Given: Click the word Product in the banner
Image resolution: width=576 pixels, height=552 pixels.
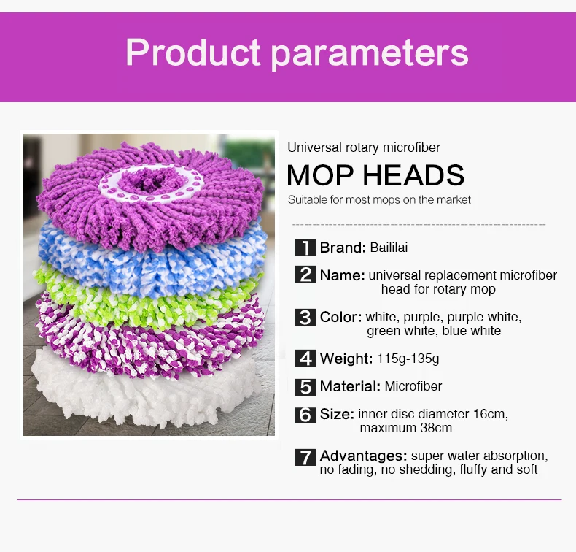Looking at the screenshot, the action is click(x=193, y=53).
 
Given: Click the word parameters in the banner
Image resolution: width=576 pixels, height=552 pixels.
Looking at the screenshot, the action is click(x=370, y=55).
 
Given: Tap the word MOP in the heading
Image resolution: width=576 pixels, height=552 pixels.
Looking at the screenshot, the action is click(x=320, y=175).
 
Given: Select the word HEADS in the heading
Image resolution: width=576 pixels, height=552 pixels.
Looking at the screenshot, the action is click(x=413, y=175).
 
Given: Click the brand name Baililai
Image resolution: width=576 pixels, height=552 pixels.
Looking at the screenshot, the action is click(x=389, y=248).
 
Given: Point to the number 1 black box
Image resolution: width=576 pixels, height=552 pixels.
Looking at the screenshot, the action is click(x=305, y=248).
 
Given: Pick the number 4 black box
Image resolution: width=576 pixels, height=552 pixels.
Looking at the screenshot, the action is click(x=305, y=359).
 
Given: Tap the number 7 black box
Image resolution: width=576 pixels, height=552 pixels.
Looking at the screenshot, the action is click(x=305, y=457).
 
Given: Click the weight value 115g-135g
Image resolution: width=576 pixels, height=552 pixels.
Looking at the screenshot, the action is click(x=408, y=359).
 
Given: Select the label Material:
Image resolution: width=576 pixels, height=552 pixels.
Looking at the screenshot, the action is click(x=350, y=386).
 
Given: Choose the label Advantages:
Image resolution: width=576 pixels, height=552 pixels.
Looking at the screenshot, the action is click(x=363, y=456).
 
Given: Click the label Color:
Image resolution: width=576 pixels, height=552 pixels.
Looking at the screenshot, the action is click(x=341, y=317).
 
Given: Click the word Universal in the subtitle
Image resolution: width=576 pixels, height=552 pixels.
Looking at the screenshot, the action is click(x=315, y=147).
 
